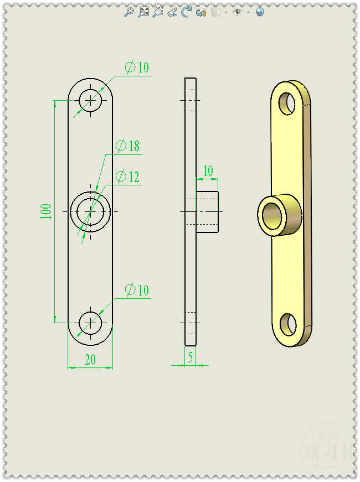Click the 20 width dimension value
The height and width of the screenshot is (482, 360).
tap(90, 360)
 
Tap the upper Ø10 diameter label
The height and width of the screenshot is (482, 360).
tap(137, 68)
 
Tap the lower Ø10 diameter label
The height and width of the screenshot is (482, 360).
tap(137, 290)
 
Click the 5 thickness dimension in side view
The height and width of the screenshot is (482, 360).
tap(191, 358)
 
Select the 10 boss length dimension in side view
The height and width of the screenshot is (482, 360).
tap(208, 171)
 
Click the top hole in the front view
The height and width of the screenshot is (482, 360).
tap(90, 100)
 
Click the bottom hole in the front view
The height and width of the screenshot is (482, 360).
tap(90, 322)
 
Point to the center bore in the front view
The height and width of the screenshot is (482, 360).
tap(90, 211)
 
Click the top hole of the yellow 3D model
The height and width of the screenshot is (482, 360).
tap(287, 103)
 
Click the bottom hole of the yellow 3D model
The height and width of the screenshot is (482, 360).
tap(289, 324)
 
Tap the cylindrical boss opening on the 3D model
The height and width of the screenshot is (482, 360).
tap(272, 215)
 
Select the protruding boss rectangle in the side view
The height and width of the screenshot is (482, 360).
tap(207, 211)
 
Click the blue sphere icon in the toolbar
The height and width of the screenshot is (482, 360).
tap(260, 12)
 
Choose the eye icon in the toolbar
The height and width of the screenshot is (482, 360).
tap(238, 12)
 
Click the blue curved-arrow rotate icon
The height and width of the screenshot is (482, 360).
tap(186, 12)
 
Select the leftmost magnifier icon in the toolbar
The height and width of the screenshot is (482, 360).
tap(128, 12)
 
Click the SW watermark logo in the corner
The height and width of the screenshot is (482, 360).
tap(325, 447)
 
